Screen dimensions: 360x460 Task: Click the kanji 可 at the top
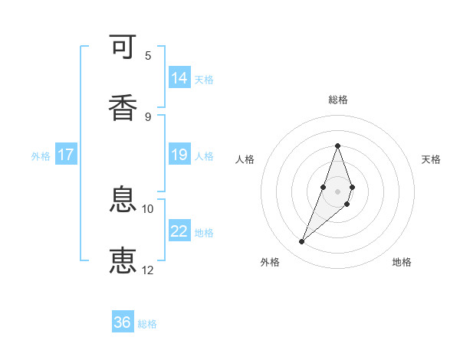[x=123, y=48]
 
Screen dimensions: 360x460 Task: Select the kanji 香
[x=123, y=106]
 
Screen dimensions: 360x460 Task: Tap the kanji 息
[x=123, y=201]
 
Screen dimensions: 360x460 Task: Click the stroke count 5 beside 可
[x=148, y=56]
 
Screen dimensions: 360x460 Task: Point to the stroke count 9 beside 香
[x=148, y=116]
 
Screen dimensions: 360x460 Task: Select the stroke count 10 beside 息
[x=148, y=209]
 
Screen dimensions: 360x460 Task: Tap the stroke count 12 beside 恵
[x=148, y=270]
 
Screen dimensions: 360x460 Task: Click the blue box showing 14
[x=179, y=78]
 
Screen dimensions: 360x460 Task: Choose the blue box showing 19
[x=179, y=155]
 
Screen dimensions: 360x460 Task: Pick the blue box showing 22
[x=179, y=231]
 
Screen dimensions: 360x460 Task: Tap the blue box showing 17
[x=66, y=155]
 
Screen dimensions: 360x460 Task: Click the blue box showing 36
[x=123, y=322]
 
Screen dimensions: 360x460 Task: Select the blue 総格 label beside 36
[x=147, y=324]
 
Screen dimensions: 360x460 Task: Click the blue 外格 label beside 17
[x=41, y=155]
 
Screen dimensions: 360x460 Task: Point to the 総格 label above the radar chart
[x=337, y=100]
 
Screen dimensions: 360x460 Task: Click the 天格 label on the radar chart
[x=431, y=159]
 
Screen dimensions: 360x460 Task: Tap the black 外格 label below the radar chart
[x=270, y=263]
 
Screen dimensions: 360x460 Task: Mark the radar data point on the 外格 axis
[x=301, y=242]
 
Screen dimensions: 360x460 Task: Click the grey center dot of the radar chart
[x=337, y=191]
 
